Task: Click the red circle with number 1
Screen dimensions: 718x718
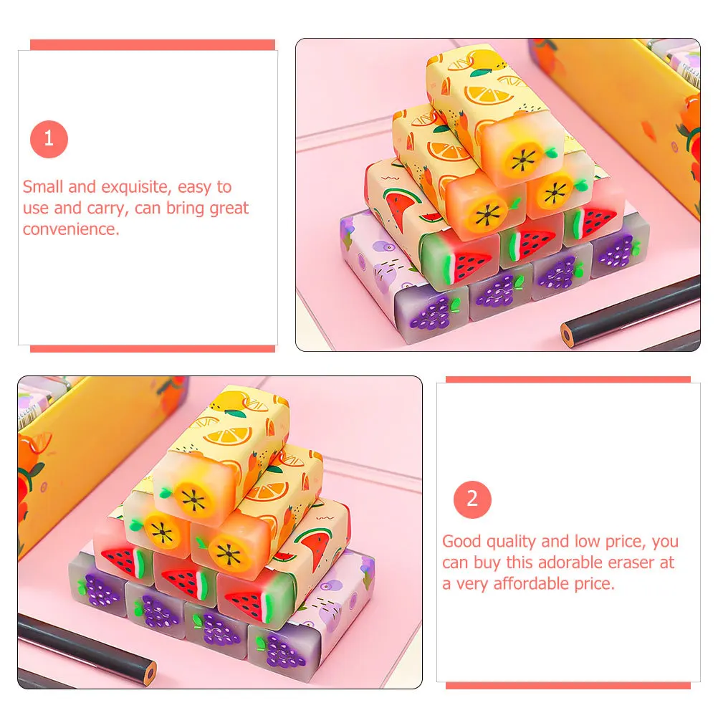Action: coord(49,139)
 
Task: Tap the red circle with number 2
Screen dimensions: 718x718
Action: coord(472,499)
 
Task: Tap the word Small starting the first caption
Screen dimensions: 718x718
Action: coord(43,187)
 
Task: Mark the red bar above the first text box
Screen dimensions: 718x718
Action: coord(153,44)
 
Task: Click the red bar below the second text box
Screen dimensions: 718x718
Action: coord(568,686)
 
